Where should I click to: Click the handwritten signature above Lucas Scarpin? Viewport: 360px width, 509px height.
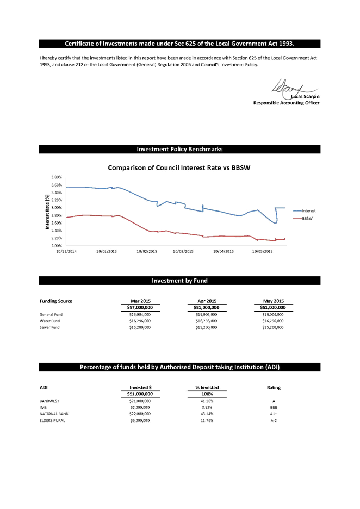(294, 89)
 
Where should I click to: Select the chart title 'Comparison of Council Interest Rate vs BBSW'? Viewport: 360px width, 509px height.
(179, 168)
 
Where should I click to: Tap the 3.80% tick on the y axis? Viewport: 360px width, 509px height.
(57, 177)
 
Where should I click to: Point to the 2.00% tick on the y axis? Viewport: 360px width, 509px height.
(57, 246)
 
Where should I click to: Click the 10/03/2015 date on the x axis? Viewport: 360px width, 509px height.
(183, 251)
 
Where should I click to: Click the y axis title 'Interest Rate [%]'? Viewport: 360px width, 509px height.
(47, 212)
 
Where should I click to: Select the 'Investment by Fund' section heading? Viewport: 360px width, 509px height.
(179, 281)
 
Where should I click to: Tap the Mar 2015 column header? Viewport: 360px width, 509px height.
(140, 301)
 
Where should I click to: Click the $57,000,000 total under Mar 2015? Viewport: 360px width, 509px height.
(140, 307)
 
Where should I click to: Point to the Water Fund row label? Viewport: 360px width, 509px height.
(49, 321)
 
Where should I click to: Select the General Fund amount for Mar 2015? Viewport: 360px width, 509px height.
(140, 314)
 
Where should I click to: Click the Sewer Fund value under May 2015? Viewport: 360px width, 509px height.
(272, 327)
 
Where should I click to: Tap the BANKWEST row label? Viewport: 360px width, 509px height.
(49, 401)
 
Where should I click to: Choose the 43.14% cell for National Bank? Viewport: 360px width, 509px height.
(207, 414)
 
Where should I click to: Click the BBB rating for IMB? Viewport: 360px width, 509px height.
(274, 408)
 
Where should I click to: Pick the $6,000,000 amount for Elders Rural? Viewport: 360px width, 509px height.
(140, 420)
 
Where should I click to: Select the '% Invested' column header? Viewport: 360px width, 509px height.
(207, 388)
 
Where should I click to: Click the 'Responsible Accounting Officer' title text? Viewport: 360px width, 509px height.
(286, 103)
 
